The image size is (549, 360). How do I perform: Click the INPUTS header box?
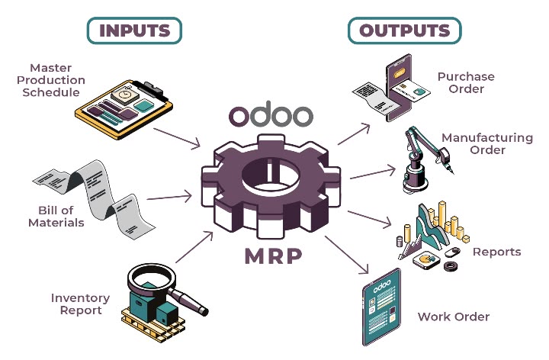(135, 31)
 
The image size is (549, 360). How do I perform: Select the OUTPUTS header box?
(405, 31)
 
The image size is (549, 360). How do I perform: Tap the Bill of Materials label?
(56, 217)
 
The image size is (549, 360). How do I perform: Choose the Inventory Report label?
(80, 304)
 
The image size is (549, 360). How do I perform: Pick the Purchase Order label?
(466, 82)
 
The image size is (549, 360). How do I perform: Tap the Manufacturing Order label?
(487, 143)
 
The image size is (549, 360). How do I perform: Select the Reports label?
(496, 252)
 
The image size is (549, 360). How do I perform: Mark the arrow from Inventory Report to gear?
(189, 251)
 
